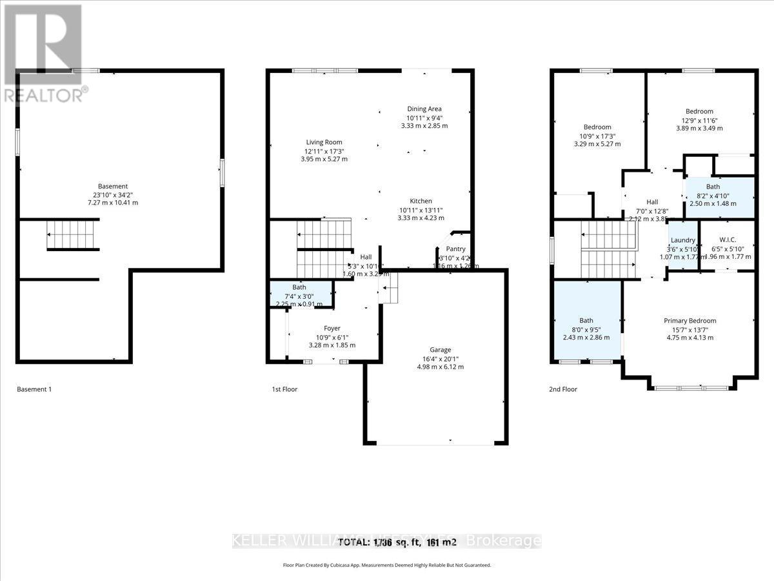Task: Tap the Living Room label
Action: click(x=324, y=142)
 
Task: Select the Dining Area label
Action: click(x=424, y=109)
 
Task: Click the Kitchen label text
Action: click(x=421, y=201)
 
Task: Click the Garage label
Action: click(x=441, y=350)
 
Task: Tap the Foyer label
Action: click(x=332, y=329)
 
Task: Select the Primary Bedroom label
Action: click(x=690, y=321)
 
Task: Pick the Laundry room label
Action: click(x=682, y=240)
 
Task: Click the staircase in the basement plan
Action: click(x=74, y=234)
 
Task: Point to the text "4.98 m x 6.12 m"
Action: click(x=441, y=367)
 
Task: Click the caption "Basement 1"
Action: click(x=34, y=389)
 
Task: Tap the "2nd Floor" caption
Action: click(x=564, y=389)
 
